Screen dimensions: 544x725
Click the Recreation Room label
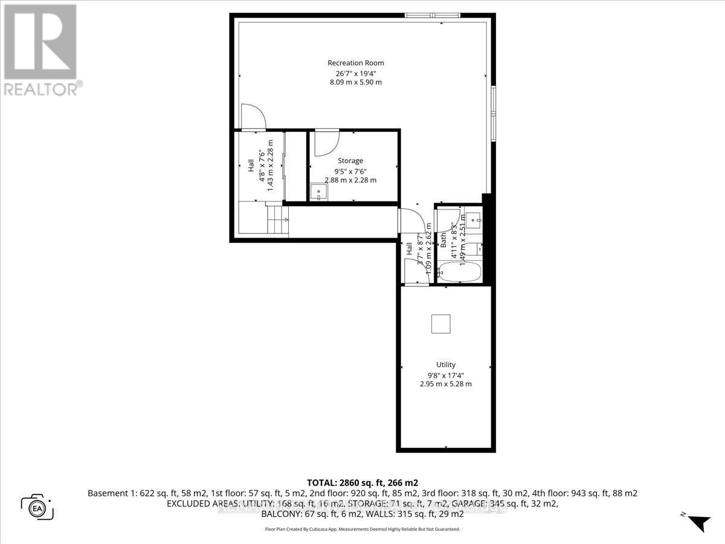(x=355, y=63)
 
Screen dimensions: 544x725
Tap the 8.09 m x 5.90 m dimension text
(x=355, y=82)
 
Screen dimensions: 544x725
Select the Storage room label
(x=350, y=161)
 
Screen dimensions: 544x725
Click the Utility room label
(x=446, y=364)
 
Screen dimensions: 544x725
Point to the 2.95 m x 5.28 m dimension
(x=446, y=384)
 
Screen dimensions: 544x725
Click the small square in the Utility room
(x=441, y=324)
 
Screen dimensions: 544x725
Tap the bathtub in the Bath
(x=459, y=271)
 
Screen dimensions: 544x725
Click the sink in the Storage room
(x=318, y=192)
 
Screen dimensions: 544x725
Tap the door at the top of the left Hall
(x=252, y=117)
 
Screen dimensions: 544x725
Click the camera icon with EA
(x=38, y=507)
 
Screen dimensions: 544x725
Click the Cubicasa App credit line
(x=362, y=529)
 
